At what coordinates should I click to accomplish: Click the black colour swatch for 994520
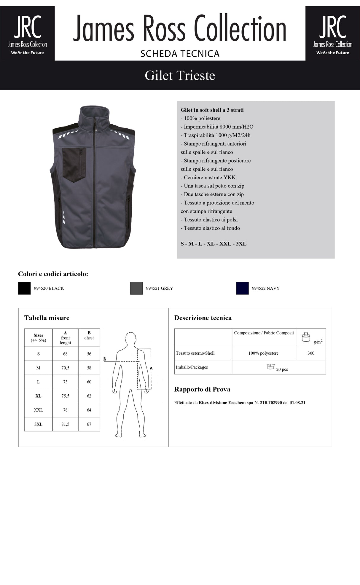click(x=24, y=288)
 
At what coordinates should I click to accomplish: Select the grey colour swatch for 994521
click(x=136, y=288)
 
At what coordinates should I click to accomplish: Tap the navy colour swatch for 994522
click(x=242, y=288)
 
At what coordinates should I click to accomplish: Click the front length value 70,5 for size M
click(x=65, y=368)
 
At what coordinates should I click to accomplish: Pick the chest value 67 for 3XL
click(x=89, y=424)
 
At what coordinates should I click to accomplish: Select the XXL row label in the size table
click(x=38, y=410)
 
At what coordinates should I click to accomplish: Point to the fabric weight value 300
click(x=311, y=353)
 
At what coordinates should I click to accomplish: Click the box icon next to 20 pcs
click(x=271, y=367)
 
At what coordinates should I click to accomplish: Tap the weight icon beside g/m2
click(x=306, y=337)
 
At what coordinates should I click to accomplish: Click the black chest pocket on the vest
click(x=74, y=163)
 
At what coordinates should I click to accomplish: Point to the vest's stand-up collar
click(x=95, y=114)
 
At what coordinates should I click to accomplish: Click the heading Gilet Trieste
click(x=180, y=75)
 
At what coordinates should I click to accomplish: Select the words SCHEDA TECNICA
click(x=180, y=54)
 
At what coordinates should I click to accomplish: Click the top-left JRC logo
click(x=27, y=34)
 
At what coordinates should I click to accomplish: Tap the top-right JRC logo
click(x=333, y=34)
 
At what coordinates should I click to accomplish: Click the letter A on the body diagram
click(x=151, y=368)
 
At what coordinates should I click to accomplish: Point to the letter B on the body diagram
click(x=104, y=359)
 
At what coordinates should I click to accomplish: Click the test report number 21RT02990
click(x=271, y=403)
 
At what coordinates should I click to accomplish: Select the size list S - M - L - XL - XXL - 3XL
click(x=214, y=244)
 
